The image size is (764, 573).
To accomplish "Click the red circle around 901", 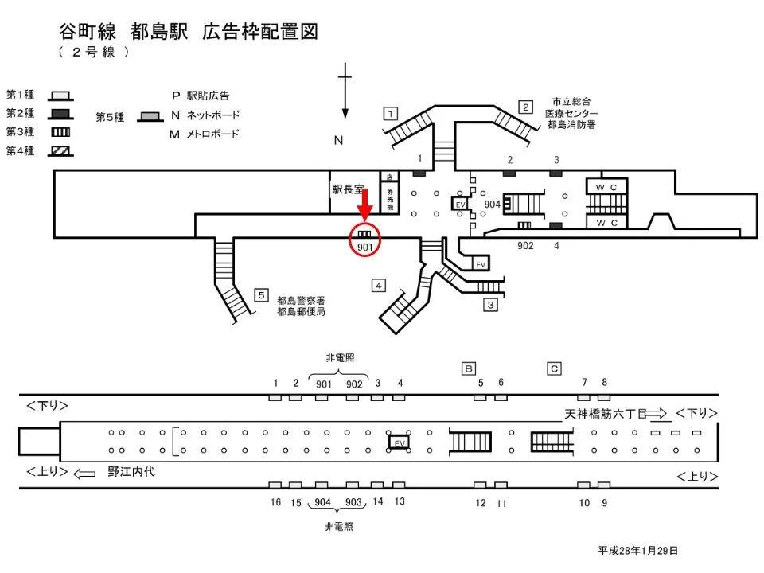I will [365, 240].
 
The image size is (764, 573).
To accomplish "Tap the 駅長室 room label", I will [348, 189].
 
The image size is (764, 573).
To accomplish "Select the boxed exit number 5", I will [260, 295].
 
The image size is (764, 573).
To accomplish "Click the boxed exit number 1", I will [390, 113].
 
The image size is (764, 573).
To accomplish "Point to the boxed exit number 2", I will [525, 107].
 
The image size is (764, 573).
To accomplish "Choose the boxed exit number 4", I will [379, 285].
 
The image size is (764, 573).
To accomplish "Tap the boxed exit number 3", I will [490, 304].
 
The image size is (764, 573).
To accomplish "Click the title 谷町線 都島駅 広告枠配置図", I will [189, 32].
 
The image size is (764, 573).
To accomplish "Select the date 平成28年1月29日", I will [637, 550].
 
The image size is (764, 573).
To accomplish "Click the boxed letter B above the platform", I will [470, 368].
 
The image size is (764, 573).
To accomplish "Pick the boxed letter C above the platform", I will [555, 368].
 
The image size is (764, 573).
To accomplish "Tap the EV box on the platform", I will [400, 442].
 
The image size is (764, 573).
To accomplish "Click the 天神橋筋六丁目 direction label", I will [602, 414].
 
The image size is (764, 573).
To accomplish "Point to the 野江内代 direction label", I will [131, 472].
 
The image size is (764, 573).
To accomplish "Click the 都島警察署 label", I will [301, 301].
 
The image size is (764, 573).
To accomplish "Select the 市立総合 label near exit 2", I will [571, 102].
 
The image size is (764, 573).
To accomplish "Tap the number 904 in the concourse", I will [492, 204].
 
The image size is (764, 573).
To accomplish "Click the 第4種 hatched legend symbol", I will [61, 150].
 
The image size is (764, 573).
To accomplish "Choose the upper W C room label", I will [606, 187].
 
